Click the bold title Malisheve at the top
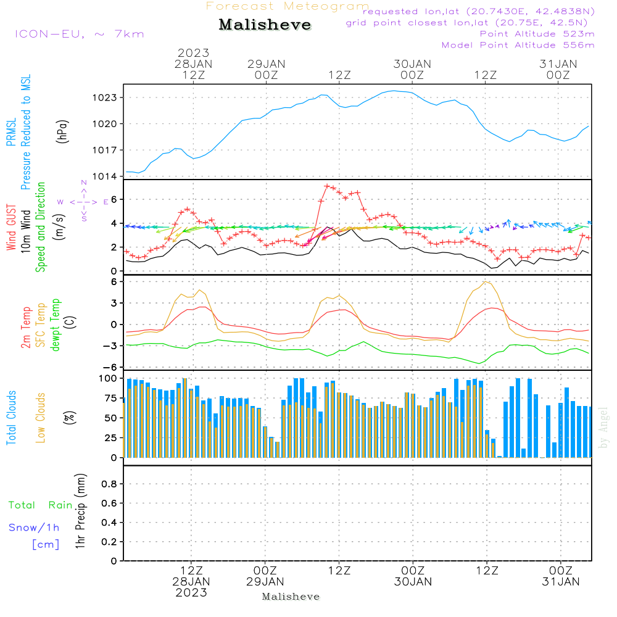(x=265, y=25)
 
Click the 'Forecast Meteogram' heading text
(x=288, y=6)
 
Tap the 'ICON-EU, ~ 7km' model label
(x=79, y=33)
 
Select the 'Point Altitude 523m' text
(x=537, y=34)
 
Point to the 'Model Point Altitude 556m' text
(x=518, y=45)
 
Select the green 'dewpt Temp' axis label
(x=56, y=325)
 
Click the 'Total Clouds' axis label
(x=11, y=418)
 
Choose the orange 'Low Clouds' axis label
(x=41, y=418)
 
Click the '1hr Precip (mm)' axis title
(x=80, y=512)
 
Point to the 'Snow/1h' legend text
(x=35, y=528)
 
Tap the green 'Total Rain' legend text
(x=40, y=505)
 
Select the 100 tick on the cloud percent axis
(x=107, y=378)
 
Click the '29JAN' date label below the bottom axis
(x=265, y=581)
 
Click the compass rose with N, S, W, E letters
(x=83, y=202)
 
